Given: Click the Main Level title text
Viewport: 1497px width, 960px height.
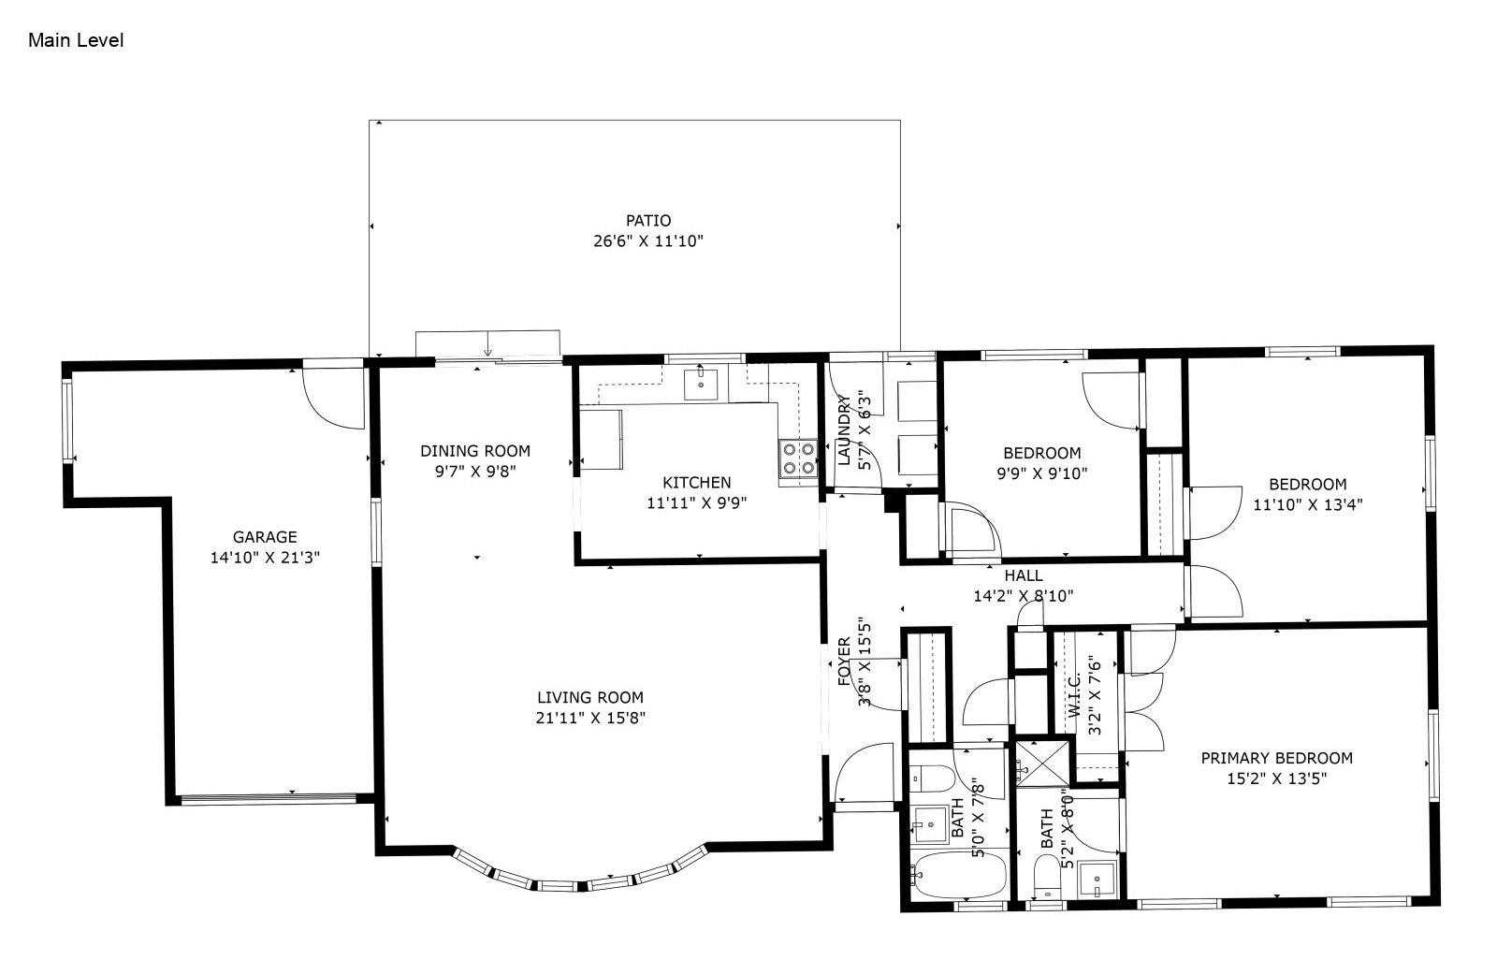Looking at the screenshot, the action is coord(76,40).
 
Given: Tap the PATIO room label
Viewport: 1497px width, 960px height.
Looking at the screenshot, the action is coord(648,220).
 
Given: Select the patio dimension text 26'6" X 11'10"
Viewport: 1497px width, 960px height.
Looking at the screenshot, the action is coord(648,240).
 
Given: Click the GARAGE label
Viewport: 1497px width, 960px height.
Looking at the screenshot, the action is coord(265,537).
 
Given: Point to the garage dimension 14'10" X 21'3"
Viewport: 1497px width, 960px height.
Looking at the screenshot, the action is coord(265,558).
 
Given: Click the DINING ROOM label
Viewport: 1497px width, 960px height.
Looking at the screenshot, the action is coord(475,451).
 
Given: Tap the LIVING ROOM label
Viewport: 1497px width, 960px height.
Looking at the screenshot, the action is coord(590,697).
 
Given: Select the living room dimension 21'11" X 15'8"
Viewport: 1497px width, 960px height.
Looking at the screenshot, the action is coord(590,718).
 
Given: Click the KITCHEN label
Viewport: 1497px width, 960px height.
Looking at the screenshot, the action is coord(696,482).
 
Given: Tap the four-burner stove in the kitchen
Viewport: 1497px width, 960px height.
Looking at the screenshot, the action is coord(799,458).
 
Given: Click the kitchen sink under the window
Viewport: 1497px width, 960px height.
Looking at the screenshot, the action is coord(701,383).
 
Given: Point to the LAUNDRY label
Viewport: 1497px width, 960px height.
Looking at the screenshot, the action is coord(843,429).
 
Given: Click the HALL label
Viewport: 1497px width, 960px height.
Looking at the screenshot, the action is coord(1024,575).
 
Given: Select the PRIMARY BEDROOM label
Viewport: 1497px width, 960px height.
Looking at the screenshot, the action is coord(1276,758).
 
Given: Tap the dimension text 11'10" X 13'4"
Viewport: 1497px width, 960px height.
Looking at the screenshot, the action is coord(1307,504).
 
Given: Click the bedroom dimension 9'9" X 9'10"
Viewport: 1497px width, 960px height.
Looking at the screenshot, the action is coord(1042,473).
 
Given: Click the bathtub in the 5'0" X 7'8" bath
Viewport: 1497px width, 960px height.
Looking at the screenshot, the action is coord(958,874).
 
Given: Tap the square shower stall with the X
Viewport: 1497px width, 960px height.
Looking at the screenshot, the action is coord(1042,763).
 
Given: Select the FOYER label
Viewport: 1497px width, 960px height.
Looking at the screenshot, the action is coord(844,662).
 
